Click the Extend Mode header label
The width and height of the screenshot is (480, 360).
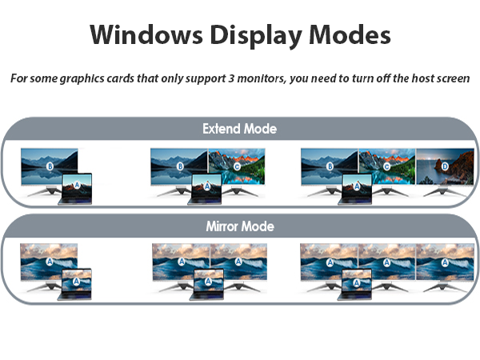[239, 129]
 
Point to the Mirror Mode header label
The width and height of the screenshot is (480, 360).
[239, 226]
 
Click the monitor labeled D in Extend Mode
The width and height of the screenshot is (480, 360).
[444, 167]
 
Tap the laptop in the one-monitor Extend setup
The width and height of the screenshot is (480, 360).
[77, 187]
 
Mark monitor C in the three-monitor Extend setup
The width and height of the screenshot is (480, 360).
[386, 167]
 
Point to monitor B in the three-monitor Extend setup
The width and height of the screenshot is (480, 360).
[328, 167]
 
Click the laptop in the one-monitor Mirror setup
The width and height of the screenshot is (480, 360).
[76, 283]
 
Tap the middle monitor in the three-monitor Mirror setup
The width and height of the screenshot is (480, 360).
[386, 262]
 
